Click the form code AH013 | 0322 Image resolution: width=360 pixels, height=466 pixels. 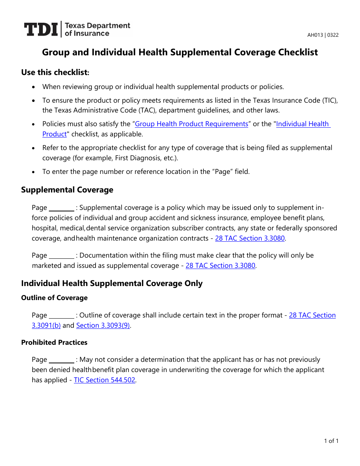[323, 35]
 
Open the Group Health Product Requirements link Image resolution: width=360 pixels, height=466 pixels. [191, 124]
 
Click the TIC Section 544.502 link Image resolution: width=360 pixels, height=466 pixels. [105, 380]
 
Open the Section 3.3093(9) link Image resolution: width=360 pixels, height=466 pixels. [103, 325]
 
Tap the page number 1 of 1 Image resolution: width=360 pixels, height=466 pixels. [331, 441]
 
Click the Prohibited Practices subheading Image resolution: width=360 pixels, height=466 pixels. [54, 342]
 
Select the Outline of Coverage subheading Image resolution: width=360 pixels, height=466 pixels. [54, 298]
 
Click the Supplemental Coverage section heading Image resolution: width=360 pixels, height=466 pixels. [67, 190]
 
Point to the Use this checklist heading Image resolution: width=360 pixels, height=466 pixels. [55, 72]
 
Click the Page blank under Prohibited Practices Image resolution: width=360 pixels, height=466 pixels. [62, 360]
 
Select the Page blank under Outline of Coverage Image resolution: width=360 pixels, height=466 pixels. [62, 316]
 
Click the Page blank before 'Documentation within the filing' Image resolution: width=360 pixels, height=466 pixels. [62, 256]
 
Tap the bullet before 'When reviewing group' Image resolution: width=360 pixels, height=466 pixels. [34, 87]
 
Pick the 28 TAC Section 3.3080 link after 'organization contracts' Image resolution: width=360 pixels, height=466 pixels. [250, 238]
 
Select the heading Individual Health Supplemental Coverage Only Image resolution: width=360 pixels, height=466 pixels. [112, 283]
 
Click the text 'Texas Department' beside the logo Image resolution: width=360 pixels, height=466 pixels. [97, 26]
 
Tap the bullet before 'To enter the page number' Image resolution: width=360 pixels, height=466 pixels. [34, 172]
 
